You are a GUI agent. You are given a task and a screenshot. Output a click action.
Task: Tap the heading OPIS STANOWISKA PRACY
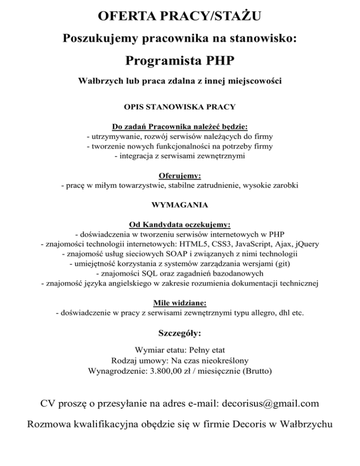(180, 108)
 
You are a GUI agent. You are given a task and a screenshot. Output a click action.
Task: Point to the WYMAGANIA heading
(180, 205)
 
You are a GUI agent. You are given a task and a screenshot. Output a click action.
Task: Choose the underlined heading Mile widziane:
(180, 303)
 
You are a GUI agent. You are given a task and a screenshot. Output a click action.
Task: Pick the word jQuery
(305, 244)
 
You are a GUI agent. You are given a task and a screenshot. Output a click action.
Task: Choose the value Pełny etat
(208, 350)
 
